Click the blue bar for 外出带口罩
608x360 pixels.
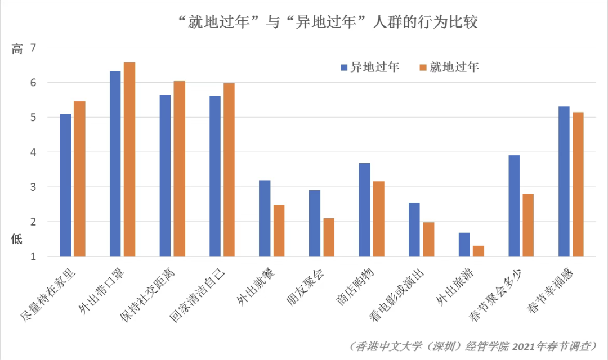click(x=115, y=164)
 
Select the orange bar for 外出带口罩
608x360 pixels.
click(x=129, y=159)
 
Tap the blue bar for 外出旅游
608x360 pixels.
click(x=464, y=244)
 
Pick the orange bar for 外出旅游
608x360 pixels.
click(x=479, y=251)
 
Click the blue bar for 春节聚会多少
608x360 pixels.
click(x=514, y=206)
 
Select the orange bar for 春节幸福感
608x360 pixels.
click(x=578, y=184)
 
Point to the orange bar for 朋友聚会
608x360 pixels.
click(x=329, y=237)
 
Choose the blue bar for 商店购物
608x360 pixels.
click(x=364, y=210)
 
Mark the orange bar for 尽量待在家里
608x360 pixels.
click(x=79, y=179)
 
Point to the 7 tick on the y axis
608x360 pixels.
click(x=33, y=48)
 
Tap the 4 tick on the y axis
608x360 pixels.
click(x=33, y=152)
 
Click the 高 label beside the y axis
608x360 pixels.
click(x=17, y=49)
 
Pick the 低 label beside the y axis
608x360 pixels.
click(x=17, y=238)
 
